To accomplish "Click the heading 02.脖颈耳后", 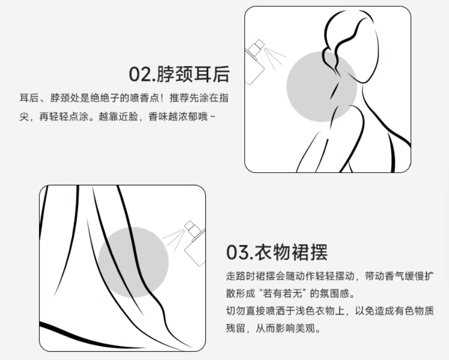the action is (x=179, y=74).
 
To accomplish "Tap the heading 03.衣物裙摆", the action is (x=277, y=252).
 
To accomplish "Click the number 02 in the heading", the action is (x=140, y=74).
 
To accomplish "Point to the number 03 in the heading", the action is (x=237, y=253).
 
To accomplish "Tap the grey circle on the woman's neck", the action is (x=322, y=87).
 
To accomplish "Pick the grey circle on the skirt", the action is (x=133, y=262).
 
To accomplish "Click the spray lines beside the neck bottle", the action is (x=275, y=58).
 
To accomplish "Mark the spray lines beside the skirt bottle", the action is (x=174, y=238).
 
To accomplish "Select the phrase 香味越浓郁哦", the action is (x=178, y=117).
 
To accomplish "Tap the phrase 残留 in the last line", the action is (x=236, y=328).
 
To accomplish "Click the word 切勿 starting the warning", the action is (x=236, y=311).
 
